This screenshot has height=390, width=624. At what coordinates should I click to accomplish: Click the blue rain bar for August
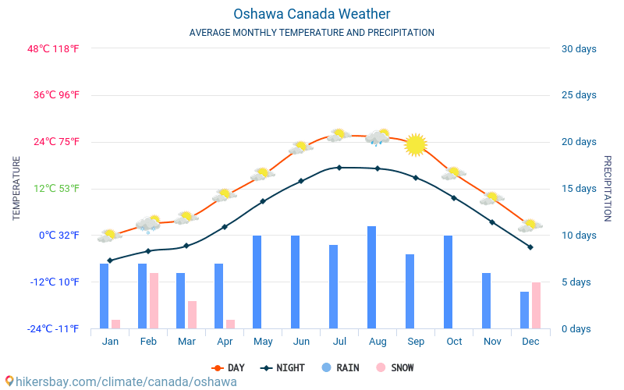coord(372,278)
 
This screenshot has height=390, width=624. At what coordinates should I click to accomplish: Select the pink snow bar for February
coord(154,301)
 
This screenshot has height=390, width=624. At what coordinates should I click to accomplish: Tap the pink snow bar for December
coord(536,306)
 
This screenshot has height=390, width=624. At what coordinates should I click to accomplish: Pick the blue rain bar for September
coord(410,292)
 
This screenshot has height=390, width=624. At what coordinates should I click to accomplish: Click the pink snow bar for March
coord(192,315)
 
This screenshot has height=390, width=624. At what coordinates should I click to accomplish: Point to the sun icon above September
coord(416,144)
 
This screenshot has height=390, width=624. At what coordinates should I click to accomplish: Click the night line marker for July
coord(339,168)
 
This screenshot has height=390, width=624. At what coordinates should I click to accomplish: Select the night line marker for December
coord(530,247)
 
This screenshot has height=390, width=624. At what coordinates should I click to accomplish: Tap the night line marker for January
coord(110,261)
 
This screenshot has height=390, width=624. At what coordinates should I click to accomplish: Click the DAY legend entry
coord(228,368)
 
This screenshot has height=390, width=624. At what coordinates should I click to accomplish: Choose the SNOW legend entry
coord(395,368)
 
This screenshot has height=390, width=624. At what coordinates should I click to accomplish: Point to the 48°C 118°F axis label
coord(54,49)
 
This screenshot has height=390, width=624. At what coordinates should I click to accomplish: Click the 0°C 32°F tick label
coord(59,236)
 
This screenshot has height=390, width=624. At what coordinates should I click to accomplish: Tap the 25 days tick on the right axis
coord(579,95)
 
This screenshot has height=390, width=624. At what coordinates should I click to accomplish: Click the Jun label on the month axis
coord(301,342)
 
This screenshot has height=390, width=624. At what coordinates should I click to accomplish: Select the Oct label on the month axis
coord(454,342)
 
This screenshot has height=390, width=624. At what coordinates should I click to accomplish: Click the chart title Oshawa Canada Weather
coord(312,14)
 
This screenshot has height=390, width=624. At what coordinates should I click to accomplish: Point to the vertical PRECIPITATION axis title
coord(607,188)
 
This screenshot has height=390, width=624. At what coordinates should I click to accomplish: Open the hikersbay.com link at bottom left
coord(121,381)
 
